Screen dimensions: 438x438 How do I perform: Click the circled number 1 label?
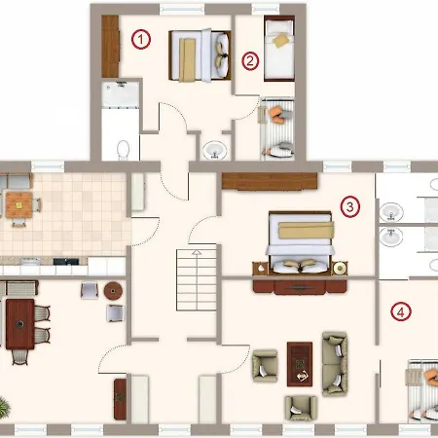point(141,39)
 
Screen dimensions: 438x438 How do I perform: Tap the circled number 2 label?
point(250,60)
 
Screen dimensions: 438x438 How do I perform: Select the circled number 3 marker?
point(350,206)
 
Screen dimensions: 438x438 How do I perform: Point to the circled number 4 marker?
point(401,311)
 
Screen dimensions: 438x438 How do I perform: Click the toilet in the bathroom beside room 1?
point(123,150)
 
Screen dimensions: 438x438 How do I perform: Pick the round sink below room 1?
point(214,150)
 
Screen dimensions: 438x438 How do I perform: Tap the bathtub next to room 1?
point(121,94)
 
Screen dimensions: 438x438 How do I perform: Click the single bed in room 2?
point(279,48)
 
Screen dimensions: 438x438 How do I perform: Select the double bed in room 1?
point(200,55)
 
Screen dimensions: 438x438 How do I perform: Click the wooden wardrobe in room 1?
point(110,47)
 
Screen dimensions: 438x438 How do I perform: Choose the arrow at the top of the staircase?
point(197,252)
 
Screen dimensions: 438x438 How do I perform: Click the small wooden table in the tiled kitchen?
point(18,205)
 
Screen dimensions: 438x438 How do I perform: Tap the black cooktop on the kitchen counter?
point(66,261)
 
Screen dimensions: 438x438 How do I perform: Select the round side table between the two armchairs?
point(113,291)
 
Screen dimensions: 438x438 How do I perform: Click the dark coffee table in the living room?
point(300,364)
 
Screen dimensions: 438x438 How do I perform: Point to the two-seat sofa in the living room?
point(335,364)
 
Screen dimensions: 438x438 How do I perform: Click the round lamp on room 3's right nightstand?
point(340,268)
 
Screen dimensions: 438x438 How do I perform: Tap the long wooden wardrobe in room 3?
point(270,181)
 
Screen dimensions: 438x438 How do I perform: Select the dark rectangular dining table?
point(19,324)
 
